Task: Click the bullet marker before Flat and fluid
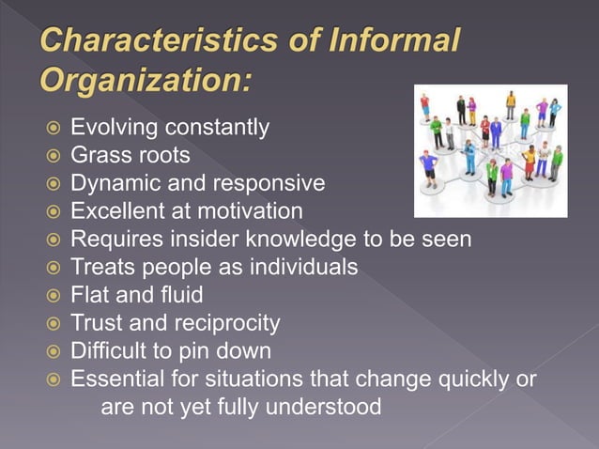point(53,296)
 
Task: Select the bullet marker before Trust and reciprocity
point(53,324)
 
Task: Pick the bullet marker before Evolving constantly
point(53,127)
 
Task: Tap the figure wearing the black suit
point(461,107)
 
